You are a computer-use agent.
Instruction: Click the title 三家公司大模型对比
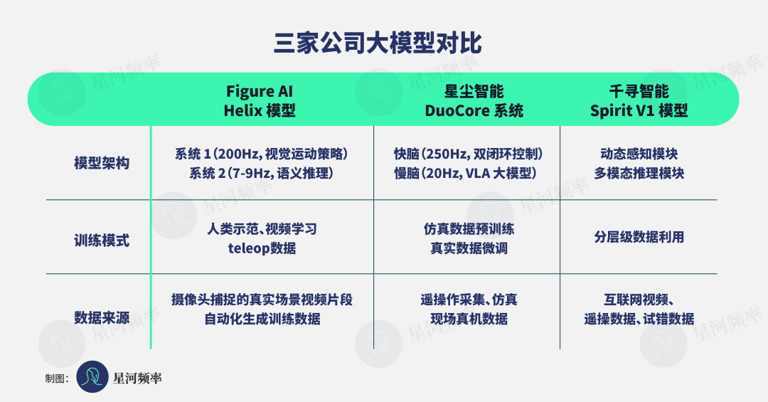coord(378,43)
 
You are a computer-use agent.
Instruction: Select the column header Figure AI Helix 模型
coord(260,100)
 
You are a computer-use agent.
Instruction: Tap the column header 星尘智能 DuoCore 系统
coord(474,100)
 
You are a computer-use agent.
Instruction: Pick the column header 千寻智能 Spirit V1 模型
coord(639,100)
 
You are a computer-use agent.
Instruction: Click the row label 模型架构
coord(102,163)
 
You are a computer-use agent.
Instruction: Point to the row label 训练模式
coord(102,240)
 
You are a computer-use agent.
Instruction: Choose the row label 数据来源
coord(102,317)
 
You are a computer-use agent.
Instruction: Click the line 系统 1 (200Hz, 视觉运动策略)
coord(262,154)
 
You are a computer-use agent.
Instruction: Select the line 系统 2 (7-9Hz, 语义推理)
coord(262,173)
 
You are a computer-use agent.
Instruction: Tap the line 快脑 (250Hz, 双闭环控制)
coord(468,154)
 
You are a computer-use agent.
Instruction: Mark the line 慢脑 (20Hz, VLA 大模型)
coord(465,173)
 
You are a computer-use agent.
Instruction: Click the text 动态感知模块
coord(639,154)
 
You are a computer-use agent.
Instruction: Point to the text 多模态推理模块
coord(639,173)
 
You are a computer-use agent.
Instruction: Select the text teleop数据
coord(262,248)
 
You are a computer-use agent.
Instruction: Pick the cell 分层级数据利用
coord(639,237)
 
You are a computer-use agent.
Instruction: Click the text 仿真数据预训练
coord(469,229)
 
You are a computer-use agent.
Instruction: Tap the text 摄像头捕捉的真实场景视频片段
coord(262,300)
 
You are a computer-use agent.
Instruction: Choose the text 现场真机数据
coord(469,319)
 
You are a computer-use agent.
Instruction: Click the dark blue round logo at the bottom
coord(92,376)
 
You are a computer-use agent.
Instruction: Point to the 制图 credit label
coord(57,378)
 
